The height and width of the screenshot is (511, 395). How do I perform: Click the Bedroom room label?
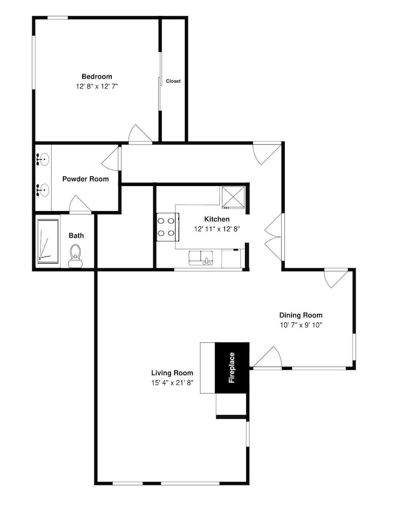(x=96, y=77)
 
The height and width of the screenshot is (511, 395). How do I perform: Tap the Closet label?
(x=173, y=81)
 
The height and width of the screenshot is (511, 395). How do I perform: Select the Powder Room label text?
(x=86, y=179)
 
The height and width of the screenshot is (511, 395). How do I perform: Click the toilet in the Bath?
(x=76, y=257)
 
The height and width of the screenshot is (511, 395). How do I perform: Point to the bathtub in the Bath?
(x=48, y=242)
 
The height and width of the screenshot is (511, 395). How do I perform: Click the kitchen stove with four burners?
(x=167, y=227)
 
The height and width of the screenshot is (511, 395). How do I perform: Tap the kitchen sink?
(x=201, y=258)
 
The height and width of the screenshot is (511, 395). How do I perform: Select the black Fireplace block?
(x=232, y=367)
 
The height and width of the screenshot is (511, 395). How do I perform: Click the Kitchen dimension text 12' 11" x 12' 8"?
(x=217, y=229)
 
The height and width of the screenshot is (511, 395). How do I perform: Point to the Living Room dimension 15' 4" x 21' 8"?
(x=172, y=383)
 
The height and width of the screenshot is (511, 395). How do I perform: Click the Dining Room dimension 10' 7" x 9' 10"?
(x=301, y=325)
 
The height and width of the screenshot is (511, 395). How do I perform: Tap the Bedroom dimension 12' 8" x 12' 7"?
(x=96, y=86)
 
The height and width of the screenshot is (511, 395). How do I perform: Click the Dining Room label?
(x=301, y=315)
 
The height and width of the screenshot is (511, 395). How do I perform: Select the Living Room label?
(x=172, y=373)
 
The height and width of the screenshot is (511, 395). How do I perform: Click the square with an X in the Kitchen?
(x=233, y=197)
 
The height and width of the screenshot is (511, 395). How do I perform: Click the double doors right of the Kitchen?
(x=274, y=237)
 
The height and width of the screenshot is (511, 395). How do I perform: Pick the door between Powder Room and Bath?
(x=80, y=204)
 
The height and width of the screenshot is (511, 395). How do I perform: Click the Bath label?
(x=76, y=236)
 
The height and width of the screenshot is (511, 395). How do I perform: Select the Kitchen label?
(x=217, y=219)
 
